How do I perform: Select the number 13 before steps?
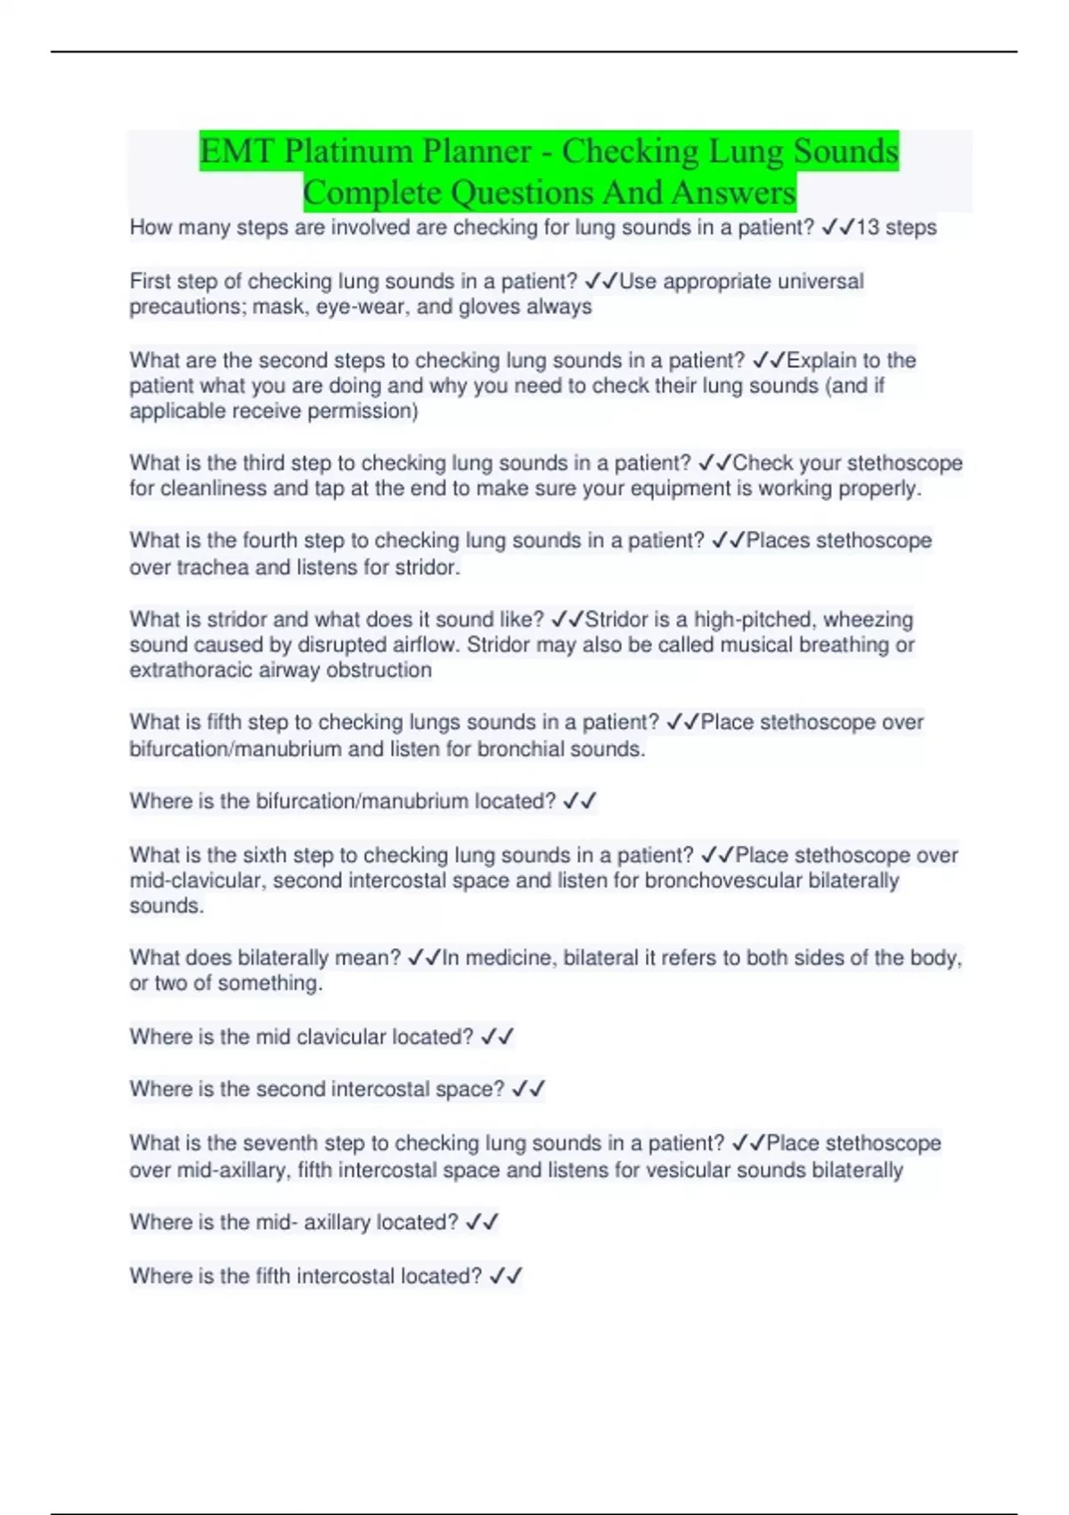(867, 228)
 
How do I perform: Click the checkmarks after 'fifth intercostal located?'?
(506, 1276)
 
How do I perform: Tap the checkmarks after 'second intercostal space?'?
(528, 1089)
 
